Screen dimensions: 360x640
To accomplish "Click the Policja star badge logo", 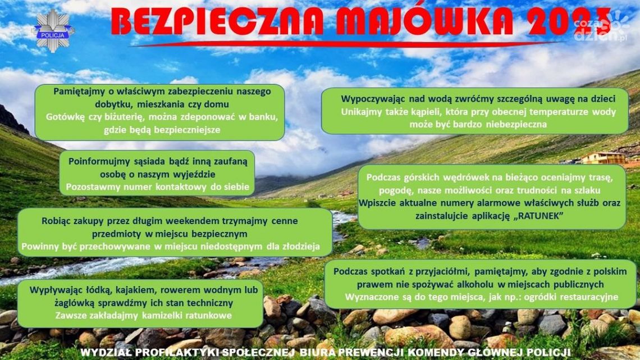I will [x=53, y=31].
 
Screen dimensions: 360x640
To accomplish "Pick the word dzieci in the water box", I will [x=602, y=99].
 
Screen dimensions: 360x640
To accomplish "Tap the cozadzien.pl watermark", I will [x=601, y=28].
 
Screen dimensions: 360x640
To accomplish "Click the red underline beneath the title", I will [x=348, y=43].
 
